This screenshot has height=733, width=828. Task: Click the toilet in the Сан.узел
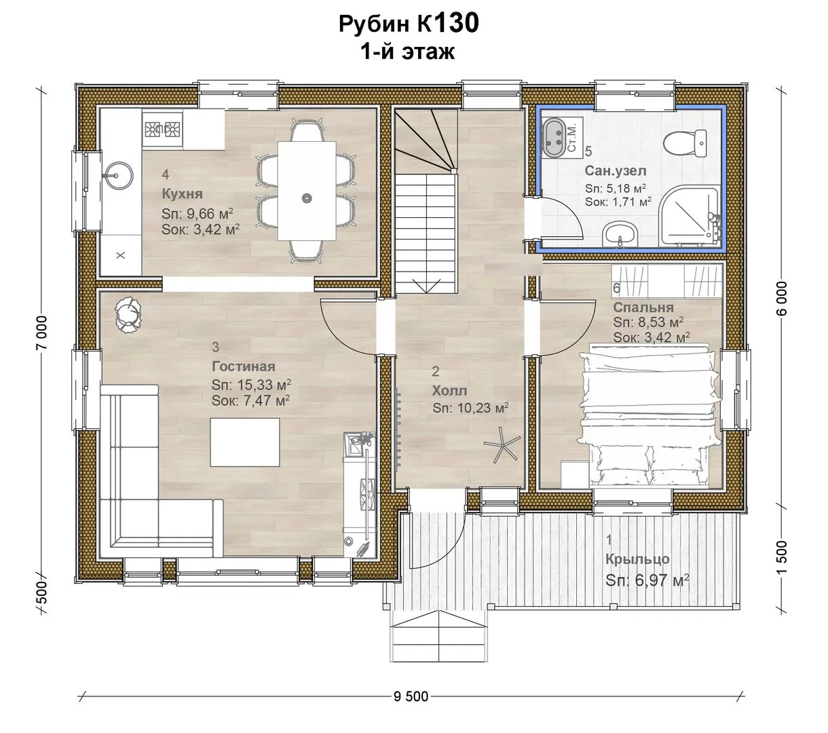685,144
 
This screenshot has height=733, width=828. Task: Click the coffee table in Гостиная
245,442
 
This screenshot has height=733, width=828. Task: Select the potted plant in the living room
128,314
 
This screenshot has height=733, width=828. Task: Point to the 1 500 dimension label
781,557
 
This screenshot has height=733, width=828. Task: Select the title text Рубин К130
409,24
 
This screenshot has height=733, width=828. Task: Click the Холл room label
449,391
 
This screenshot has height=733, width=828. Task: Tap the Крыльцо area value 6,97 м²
647,580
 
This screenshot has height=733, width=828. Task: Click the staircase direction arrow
426,285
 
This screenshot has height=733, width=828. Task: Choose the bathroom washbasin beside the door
620,235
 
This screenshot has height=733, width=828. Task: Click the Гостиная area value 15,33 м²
251,385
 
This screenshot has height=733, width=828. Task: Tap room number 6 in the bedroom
616,288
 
